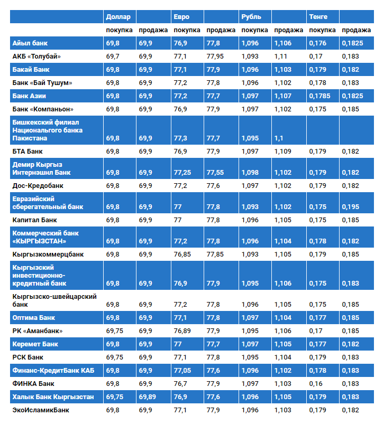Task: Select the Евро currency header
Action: (181, 16)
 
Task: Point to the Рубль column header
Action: (251, 16)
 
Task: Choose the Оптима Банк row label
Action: (33, 318)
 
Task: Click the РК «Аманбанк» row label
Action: (37, 331)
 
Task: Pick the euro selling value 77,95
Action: (218, 56)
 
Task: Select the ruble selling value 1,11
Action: (281, 56)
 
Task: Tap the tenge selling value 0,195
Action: (350, 207)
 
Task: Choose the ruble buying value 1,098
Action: (250, 173)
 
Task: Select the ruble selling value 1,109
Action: (283, 152)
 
